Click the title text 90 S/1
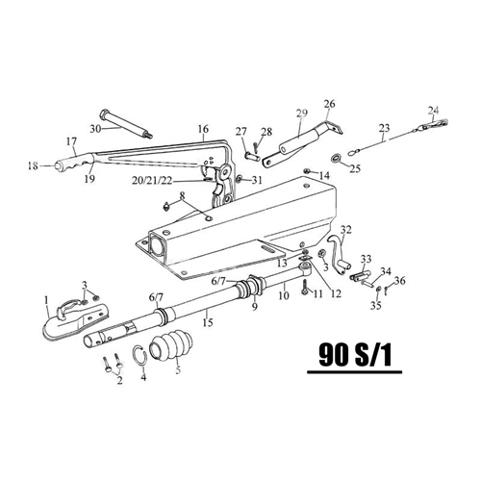coord(355,355)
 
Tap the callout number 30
coord(95,129)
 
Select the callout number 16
coord(203,129)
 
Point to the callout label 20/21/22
coord(152,181)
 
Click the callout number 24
coord(433,111)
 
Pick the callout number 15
coord(208,322)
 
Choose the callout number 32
coord(346,230)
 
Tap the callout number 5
coord(178,369)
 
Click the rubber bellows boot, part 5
coord(171,347)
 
